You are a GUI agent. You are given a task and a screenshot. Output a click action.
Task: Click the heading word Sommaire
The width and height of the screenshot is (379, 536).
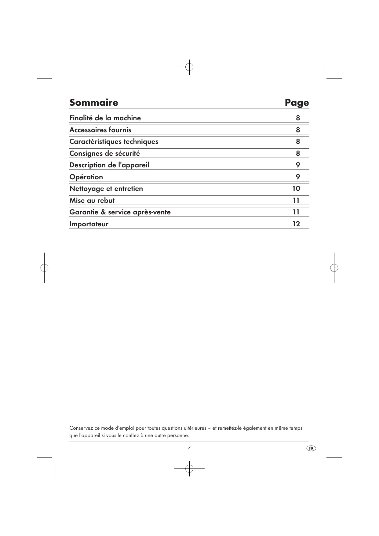click(93, 102)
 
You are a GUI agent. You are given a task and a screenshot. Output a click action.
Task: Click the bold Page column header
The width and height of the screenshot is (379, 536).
click(297, 103)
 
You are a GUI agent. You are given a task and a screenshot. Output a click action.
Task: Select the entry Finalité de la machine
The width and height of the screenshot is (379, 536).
click(105, 118)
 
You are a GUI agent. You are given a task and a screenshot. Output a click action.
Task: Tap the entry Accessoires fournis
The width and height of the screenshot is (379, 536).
click(100, 130)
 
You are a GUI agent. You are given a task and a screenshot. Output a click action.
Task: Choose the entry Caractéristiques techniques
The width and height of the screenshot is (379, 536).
click(114, 141)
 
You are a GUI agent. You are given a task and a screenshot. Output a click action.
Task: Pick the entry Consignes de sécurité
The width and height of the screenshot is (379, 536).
click(104, 153)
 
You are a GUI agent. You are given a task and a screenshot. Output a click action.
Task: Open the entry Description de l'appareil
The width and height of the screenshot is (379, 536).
click(109, 165)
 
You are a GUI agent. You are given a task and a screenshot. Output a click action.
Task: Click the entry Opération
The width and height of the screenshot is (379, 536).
click(86, 177)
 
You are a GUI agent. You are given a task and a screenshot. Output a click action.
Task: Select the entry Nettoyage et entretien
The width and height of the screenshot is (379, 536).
click(106, 188)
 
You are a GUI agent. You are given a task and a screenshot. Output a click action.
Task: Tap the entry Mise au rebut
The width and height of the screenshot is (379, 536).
click(92, 200)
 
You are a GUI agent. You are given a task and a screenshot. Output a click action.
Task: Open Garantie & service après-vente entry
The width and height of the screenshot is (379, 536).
click(120, 212)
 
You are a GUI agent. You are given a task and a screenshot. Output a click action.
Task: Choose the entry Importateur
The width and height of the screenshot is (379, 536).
click(89, 224)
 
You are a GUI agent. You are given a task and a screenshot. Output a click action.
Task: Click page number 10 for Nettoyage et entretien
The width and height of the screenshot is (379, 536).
click(296, 188)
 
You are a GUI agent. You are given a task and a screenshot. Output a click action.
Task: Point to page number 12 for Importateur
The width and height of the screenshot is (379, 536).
click(296, 224)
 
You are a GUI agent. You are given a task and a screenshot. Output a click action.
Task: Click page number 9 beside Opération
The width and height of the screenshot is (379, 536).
click(298, 177)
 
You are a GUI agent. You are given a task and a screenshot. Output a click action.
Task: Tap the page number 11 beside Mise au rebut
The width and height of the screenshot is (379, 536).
click(296, 200)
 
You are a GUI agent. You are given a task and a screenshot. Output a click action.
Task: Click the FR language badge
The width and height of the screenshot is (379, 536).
click(311, 448)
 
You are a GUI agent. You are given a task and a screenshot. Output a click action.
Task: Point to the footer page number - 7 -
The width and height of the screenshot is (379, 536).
click(189, 448)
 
